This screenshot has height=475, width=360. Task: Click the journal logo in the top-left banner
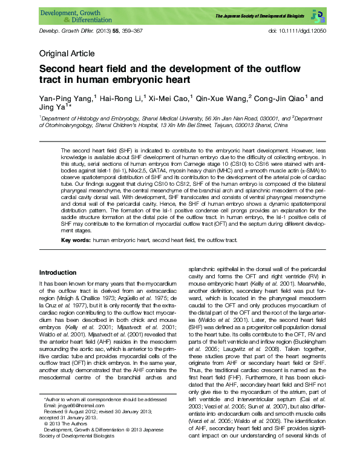[73, 15]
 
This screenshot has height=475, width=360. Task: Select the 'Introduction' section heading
[57, 273]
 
